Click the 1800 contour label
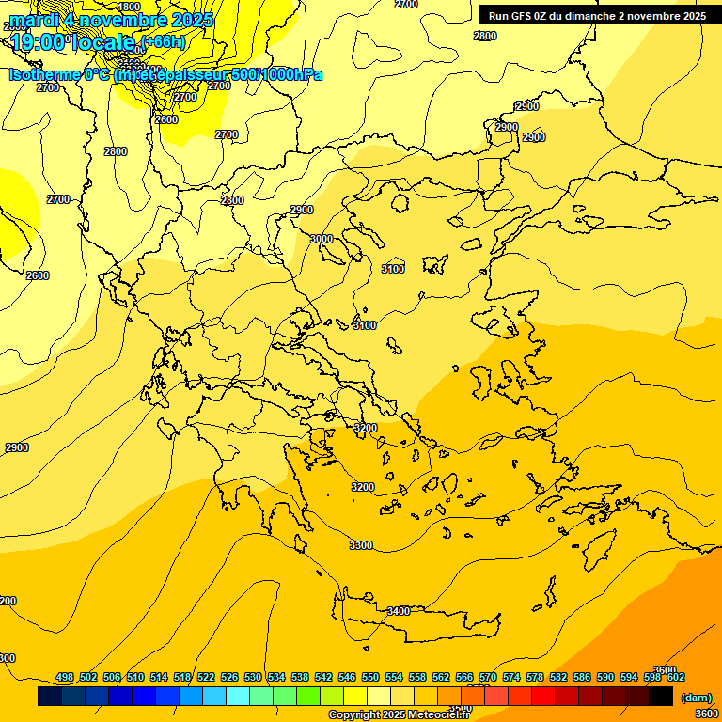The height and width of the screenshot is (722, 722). click(x=129, y=7)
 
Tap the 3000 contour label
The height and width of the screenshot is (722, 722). click(x=322, y=239)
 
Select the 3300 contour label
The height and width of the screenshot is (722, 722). click(x=360, y=545)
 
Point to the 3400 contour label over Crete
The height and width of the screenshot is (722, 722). click(x=399, y=611)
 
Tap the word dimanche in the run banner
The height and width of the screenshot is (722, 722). click(x=589, y=16)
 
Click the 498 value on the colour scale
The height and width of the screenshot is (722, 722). click(x=65, y=677)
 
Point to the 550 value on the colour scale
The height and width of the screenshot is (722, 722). click(x=370, y=677)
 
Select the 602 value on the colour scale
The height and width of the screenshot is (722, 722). click(x=676, y=677)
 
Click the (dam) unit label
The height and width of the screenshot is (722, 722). click(x=696, y=697)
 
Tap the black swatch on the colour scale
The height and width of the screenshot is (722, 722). click(x=661, y=697)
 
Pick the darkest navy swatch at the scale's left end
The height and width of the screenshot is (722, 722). click(x=50, y=697)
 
